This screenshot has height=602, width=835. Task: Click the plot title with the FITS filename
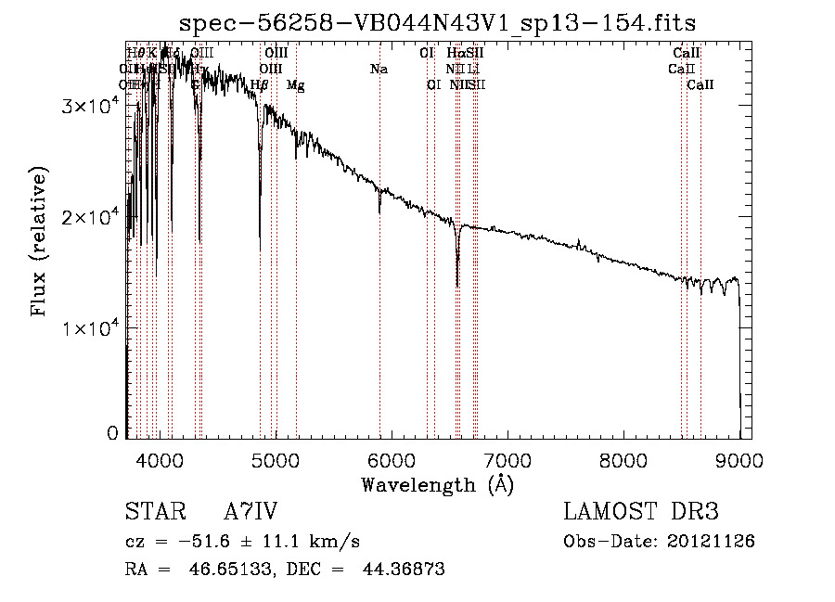438,21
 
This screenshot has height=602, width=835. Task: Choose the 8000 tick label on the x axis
623,459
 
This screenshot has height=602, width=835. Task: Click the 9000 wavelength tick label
739,459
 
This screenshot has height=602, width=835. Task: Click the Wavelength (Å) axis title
437,483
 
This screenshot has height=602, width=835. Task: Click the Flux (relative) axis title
40,242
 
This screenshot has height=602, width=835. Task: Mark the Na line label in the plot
379,69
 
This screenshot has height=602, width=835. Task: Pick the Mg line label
295,85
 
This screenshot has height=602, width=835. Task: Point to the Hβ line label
260,85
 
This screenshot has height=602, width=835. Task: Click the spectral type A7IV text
250,512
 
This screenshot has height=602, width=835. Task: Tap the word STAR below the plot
149,512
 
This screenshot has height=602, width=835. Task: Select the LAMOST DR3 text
641,512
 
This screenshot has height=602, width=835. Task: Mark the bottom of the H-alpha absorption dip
457,285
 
